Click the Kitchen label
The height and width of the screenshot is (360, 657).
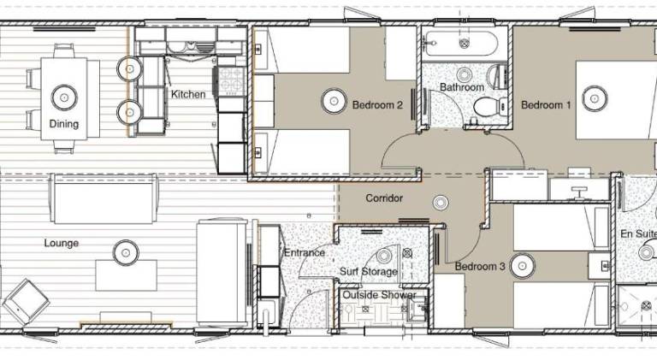pos(188,94)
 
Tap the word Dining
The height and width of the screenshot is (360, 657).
pos(63,124)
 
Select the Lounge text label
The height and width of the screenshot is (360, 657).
pos(62,243)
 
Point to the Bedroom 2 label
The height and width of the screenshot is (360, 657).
pos(377,104)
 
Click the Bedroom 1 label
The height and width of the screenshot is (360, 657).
pos(546,104)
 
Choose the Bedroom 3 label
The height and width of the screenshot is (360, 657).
pos(480,266)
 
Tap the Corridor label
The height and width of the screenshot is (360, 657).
pos(384,198)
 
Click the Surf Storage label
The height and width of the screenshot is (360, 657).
pos(369,272)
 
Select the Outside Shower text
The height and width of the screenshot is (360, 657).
pos(379,295)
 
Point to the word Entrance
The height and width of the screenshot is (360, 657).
pos(305,252)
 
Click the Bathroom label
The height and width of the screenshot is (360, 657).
pos(462,87)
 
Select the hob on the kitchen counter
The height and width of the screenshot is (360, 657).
pos(231,81)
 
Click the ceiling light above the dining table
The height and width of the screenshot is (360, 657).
pos(64,97)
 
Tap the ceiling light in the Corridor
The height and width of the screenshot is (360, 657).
pos(441,203)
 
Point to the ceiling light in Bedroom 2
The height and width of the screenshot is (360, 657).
pos(334,101)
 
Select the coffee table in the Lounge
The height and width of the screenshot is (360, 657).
pos(126,275)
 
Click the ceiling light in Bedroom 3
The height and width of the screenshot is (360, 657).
pos(523,265)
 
